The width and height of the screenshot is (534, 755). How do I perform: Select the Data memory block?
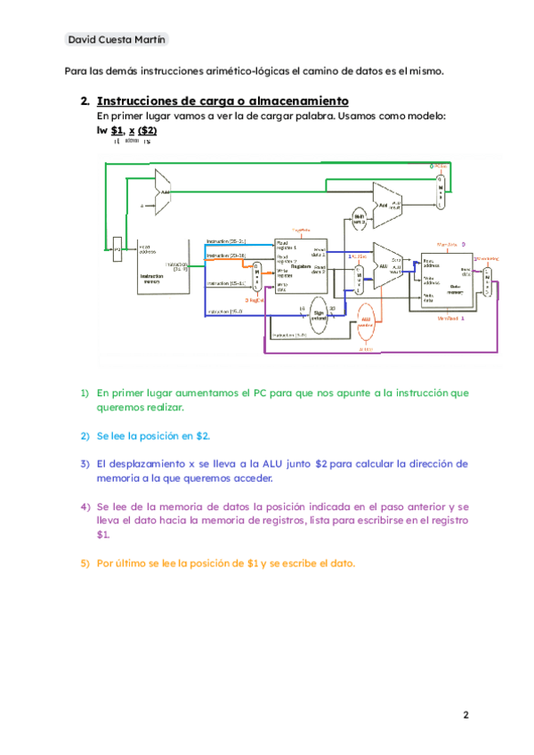[448, 280]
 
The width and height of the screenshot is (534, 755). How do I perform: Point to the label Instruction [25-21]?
[227, 242]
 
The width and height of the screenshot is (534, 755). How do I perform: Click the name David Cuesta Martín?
[116, 40]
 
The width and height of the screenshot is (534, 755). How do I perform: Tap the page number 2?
[464, 715]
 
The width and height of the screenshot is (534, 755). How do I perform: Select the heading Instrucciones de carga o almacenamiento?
[222, 101]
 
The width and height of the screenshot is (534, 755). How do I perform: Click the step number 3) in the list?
[85, 464]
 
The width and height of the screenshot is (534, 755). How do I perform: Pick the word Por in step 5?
[106, 564]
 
